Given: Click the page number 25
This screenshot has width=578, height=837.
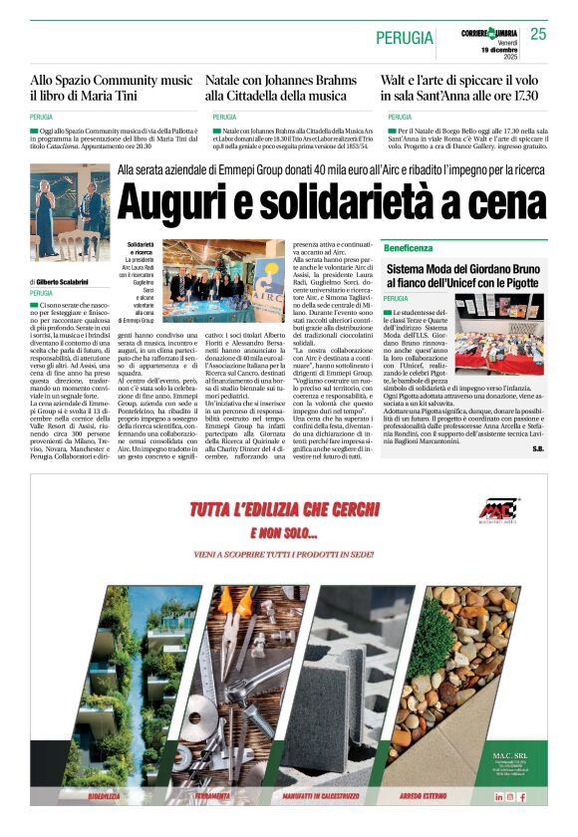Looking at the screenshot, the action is tap(539, 34).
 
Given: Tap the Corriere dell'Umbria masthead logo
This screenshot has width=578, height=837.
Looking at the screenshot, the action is tap(488, 32).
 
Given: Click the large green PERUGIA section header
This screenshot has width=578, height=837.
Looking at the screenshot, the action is tap(405, 38).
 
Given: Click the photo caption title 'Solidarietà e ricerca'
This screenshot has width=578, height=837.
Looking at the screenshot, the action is tap(141, 248).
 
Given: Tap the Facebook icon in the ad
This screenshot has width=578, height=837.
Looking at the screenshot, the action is tap(521, 797).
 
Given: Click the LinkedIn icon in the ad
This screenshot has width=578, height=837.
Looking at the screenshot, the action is tap(499, 797).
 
